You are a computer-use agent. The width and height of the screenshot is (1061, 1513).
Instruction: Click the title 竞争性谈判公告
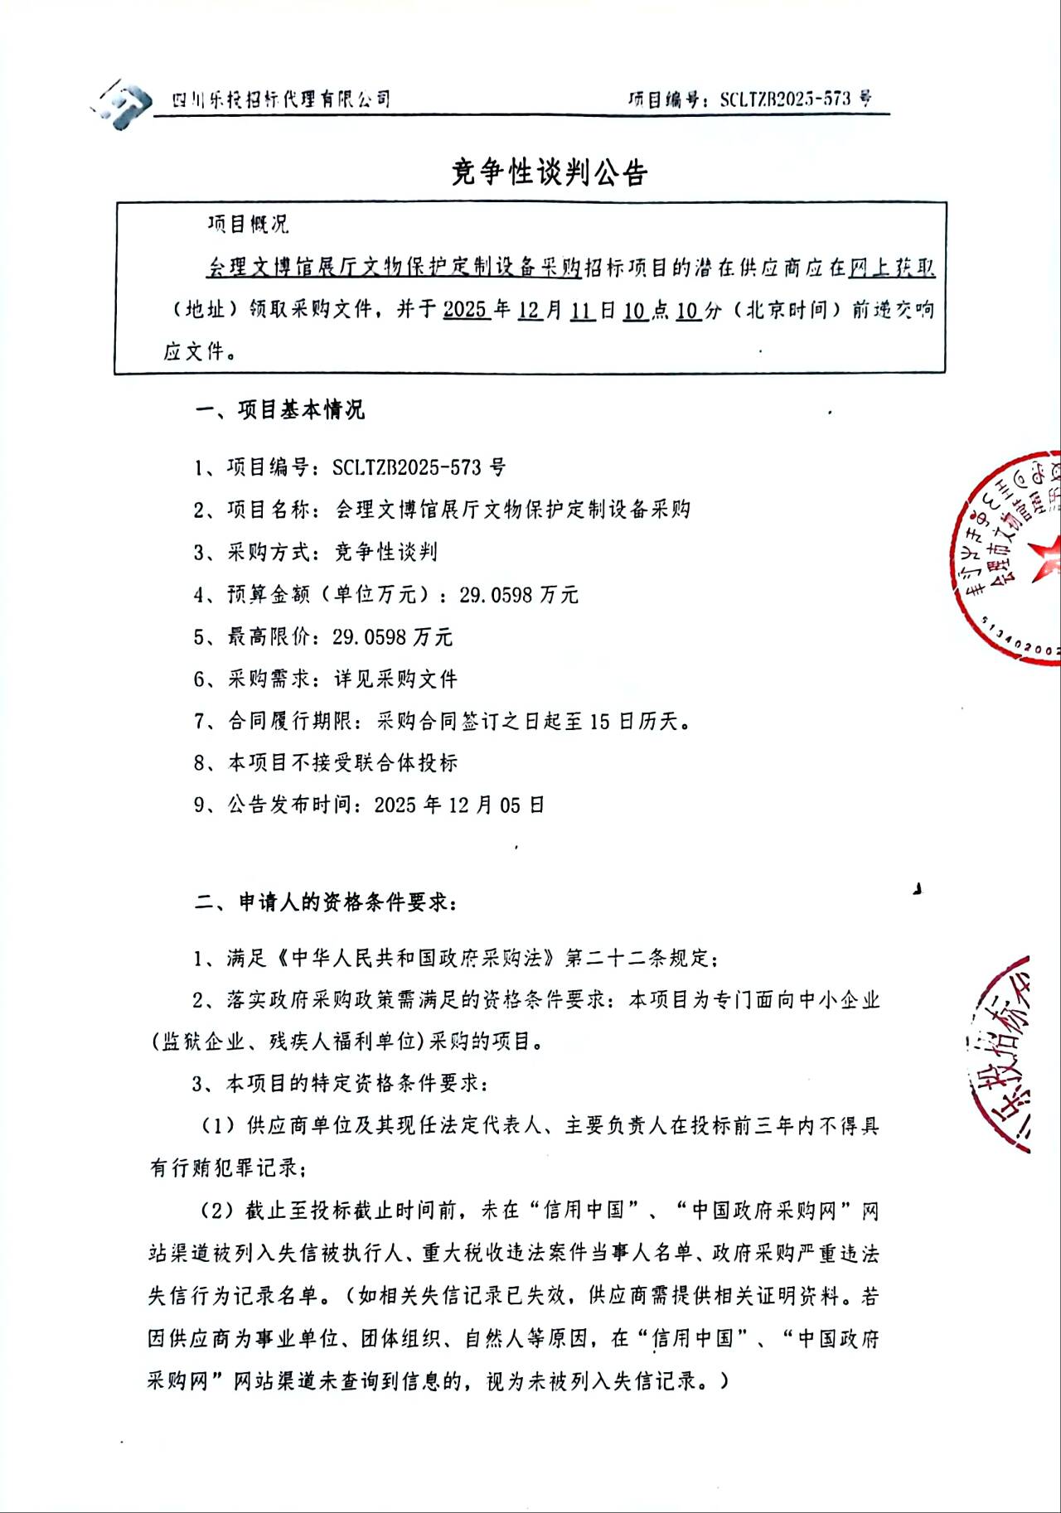pos(549,172)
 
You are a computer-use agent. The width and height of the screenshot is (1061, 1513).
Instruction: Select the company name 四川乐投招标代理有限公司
pos(281,100)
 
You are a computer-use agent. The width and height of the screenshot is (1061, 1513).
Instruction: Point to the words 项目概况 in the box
pos(248,225)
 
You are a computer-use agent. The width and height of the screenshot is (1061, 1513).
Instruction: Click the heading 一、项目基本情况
pos(280,410)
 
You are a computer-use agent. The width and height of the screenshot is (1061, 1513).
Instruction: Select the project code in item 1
pos(419,468)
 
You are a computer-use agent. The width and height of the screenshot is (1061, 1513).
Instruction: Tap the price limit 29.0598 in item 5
pos(371,637)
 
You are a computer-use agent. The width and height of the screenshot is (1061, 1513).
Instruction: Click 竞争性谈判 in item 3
pos(385,553)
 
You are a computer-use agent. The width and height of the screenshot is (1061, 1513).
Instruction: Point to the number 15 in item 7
pos(600,722)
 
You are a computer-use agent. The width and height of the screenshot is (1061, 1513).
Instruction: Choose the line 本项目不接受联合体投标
pos(342,763)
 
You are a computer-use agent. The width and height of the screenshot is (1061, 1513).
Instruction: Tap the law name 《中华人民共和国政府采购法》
pos(415,959)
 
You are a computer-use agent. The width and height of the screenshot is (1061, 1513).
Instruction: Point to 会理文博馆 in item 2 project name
pos(388,510)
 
